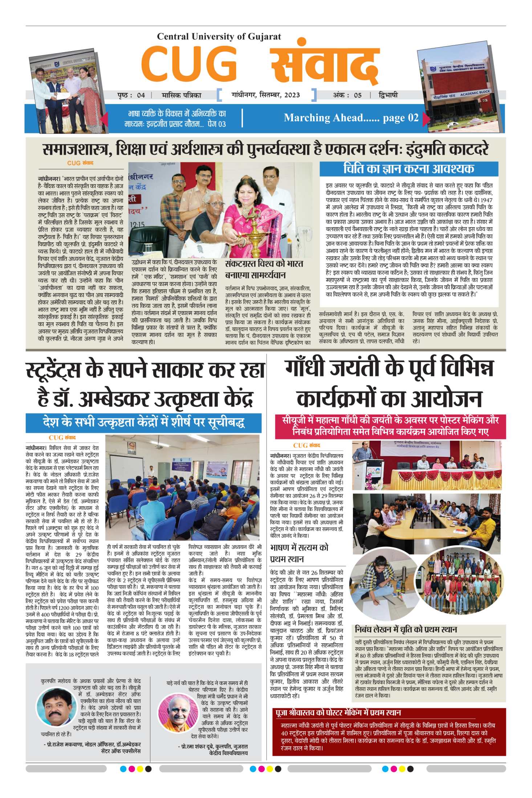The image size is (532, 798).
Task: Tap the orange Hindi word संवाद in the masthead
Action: click(x=325, y=65)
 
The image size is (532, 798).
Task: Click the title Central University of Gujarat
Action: click(x=219, y=36)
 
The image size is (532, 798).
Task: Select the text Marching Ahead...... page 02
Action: click(x=351, y=118)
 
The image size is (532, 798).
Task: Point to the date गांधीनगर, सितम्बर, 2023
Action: click(x=265, y=95)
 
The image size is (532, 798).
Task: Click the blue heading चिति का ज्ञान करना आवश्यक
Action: click(x=409, y=169)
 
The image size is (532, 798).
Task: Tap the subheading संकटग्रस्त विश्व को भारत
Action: click(x=264, y=263)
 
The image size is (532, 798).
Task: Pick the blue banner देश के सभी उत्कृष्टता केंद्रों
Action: click(x=143, y=423)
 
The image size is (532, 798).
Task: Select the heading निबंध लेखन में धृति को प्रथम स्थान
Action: click(x=406, y=629)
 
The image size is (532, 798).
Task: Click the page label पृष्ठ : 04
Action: click(x=131, y=96)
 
